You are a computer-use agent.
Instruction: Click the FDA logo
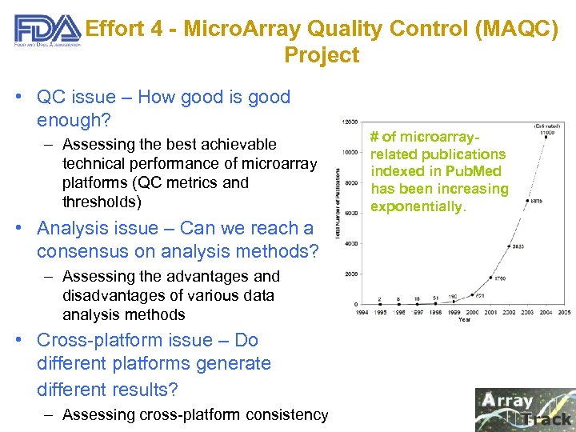click(46, 33)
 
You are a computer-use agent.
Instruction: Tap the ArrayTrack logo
click(524, 409)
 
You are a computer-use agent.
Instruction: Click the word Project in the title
click(321, 55)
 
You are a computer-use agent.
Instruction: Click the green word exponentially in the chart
click(418, 206)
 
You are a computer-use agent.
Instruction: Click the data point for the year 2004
click(527, 201)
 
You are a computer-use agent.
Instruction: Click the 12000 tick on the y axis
click(349, 122)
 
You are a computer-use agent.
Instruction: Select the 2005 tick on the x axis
click(564, 312)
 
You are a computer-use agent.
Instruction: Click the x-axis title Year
click(465, 319)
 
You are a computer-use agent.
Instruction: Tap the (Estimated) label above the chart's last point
click(547, 126)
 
